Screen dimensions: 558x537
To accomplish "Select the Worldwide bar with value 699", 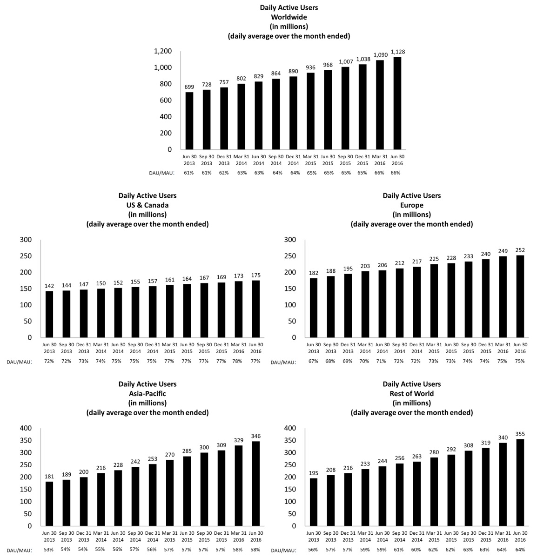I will [x=189, y=121].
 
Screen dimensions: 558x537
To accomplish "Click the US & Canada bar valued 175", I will [x=256, y=309].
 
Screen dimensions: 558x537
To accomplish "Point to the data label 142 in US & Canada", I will [x=49, y=286].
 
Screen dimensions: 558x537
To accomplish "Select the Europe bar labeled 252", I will [x=520, y=296].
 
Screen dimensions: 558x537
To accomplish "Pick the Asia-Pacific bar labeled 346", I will [x=256, y=484].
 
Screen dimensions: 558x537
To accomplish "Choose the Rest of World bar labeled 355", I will [x=520, y=483].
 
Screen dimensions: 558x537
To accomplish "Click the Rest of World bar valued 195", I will [x=314, y=502].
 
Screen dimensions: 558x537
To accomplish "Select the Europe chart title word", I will [x=412, y=205].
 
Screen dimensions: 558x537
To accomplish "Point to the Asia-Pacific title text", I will [x=148, y=394].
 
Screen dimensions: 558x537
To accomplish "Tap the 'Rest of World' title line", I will [x=412, y=394].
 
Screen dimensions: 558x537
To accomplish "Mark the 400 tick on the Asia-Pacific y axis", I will [x=25, y=428].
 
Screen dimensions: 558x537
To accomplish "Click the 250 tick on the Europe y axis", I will [x=290, y=256].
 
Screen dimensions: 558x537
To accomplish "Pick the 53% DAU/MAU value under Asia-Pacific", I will [x=49, y=550].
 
